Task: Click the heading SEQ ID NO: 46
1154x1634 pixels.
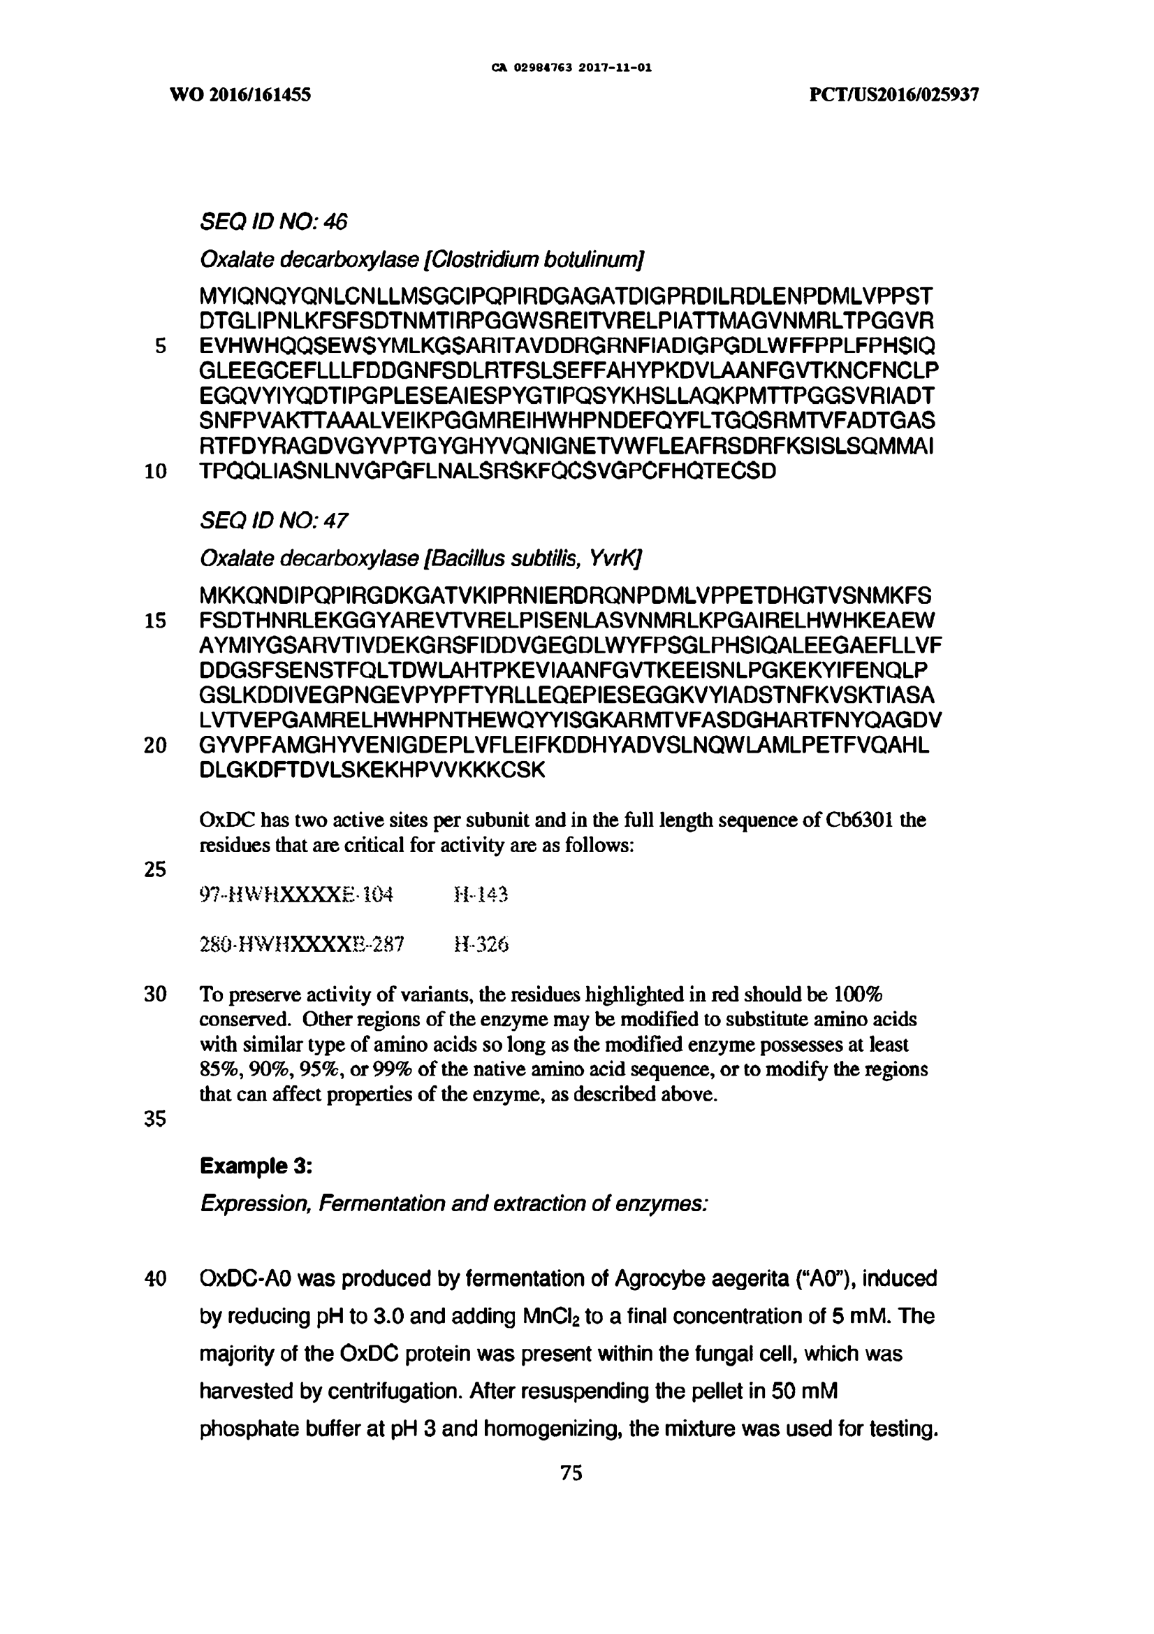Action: coord(274,223)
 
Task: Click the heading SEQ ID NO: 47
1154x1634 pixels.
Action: coord(274,521)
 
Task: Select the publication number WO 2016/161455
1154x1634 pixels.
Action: coord(240,94)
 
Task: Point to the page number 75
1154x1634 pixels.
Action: coord(571,1473)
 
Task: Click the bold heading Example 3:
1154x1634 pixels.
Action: coord(256,1166)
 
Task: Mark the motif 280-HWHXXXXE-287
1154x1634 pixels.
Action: coord(302,944)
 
